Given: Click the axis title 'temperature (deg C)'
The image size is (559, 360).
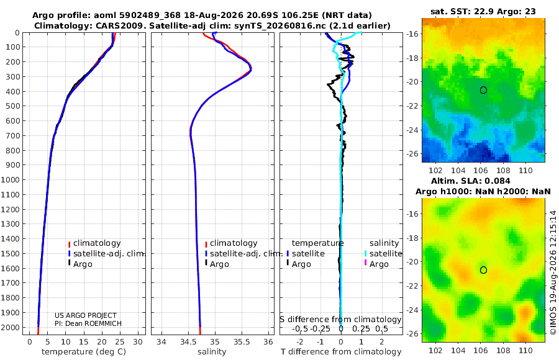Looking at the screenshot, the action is coord(84,352).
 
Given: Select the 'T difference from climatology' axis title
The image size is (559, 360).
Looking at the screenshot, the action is coord(341,352).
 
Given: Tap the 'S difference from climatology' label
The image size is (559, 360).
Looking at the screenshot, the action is coord(340,319).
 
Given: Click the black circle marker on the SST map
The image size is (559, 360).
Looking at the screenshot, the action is coord(483,90).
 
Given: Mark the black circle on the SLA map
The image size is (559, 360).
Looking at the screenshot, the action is coord(483,270).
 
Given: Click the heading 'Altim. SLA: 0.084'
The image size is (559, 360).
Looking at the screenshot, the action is coord(471,181).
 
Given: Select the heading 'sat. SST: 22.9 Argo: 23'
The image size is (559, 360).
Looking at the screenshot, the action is coord(483,11).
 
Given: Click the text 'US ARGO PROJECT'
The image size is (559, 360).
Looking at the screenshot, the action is coord(86,315).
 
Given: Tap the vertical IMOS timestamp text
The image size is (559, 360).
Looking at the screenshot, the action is coord(553,272).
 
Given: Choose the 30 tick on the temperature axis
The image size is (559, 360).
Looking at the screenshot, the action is coord(138,342).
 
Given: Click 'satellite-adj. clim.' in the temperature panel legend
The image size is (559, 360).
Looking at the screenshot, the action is coord(109,254).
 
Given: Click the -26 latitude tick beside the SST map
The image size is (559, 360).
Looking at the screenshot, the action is coord(412,154).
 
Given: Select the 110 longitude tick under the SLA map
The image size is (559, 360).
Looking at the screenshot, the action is coord(525,350).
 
